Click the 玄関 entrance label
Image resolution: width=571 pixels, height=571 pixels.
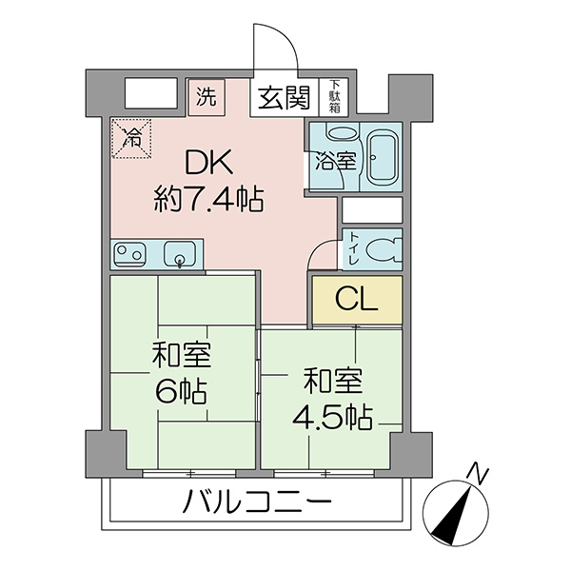point(284,98)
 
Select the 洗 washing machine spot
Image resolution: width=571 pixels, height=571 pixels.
point(207,97)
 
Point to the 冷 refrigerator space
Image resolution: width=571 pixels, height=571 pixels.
point(131,138)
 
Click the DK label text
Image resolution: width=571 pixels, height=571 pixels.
point(208,163)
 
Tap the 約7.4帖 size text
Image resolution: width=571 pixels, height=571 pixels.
point(208,199)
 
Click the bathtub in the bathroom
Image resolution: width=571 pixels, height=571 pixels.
point(382,156)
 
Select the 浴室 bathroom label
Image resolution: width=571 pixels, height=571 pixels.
point(336,162)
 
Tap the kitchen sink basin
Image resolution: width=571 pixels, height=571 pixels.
point(180,254)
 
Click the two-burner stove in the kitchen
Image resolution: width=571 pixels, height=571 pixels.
point(129,253)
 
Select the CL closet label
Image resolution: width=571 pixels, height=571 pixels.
point(357,299)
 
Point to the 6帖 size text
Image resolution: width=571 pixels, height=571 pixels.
point(182,391)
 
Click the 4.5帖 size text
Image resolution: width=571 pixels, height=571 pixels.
point(332,417)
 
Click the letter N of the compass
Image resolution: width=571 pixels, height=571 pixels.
point(479,474)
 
